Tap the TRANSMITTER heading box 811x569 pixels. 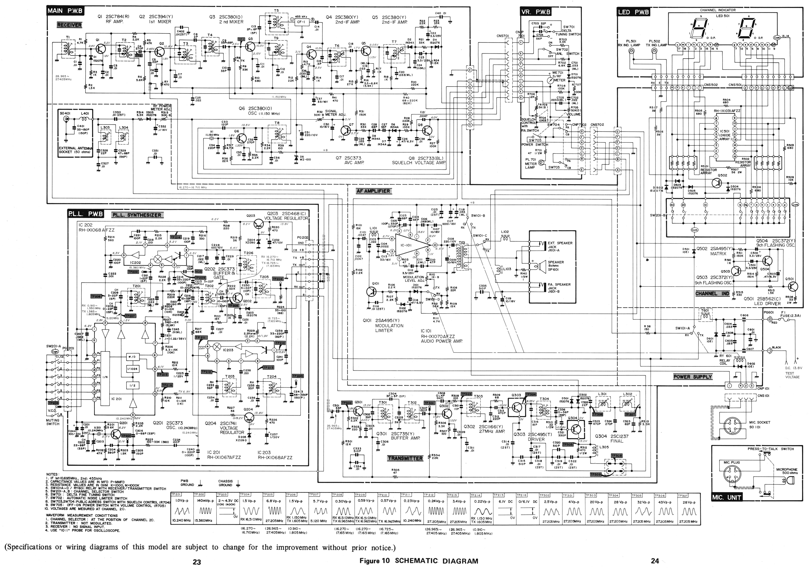click(x=405, y=458)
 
